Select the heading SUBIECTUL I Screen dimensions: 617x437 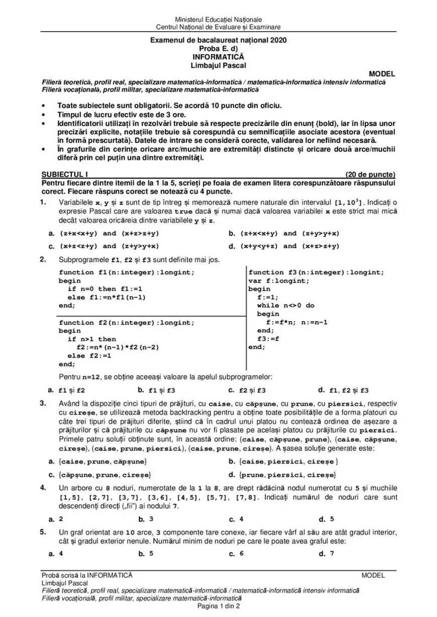[x=64, y=174]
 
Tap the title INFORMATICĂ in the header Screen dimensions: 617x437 [x=219, y=57]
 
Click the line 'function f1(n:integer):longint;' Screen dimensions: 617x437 [x=126, y=272]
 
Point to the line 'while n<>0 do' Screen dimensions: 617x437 [x=285, y=305]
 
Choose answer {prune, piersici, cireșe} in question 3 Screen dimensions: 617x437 [x=288, y=474]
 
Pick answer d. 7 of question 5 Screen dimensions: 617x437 [x=327, y=554]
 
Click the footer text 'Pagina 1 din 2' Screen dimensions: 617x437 [x=219, y=606]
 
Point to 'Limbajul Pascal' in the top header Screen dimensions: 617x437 [x=219, y=65]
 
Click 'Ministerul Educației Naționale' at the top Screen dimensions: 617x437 [x=219, y=19]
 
